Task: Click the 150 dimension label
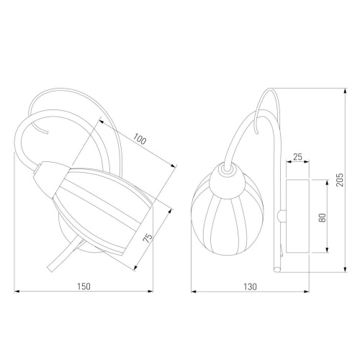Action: pyautogui.click(x=84, y=287)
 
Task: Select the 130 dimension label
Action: pyautogui.click(x=250, y=287)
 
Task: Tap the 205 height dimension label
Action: pyautogui.click(x=340, y=180)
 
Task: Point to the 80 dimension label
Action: pyautogui.click(x=323, y=217)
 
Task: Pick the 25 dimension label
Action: pyautogui.click(x=297, y=157)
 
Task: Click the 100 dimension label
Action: pyautogui.click(x=140, y=139)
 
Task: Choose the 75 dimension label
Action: pyautogui.click(x=148, y=238)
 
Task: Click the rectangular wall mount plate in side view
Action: pyautogui.click(x=297, y=216)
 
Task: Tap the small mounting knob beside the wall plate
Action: pyautogui.click(x=282, y=216)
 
